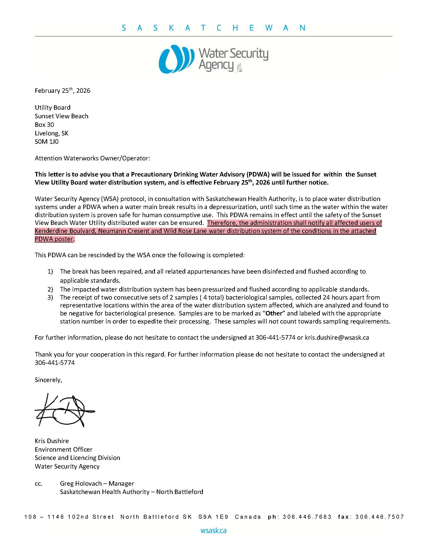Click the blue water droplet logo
176,59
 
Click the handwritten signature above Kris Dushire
64,410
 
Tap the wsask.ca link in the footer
213,530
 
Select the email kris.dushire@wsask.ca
337,337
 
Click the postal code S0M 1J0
46,141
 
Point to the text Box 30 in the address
44,125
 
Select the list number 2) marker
50,289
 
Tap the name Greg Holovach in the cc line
81,483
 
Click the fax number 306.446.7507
380,517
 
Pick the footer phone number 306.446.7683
307,517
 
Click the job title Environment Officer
64,449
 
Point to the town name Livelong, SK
51,133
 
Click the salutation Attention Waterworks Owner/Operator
92,158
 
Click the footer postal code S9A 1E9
213,517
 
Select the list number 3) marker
50,298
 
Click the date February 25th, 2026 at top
63,91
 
